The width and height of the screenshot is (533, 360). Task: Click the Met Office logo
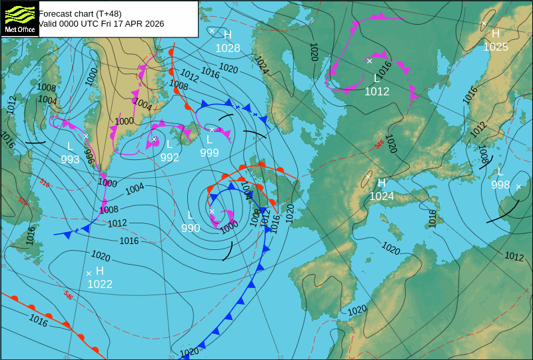point(19,19)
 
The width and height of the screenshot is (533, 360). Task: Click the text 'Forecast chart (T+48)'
point(80,13)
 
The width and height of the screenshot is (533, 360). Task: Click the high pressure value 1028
point(228,48)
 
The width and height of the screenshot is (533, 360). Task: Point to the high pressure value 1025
point(496,47)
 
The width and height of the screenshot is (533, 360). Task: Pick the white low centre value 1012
point(376,91)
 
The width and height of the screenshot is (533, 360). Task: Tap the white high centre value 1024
point(382,196)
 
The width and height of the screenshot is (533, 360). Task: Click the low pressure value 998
point(500,185)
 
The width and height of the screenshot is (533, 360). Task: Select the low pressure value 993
point(70,159)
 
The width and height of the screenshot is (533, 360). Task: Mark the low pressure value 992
point(170,157)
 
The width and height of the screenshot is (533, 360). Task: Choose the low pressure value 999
point(209,153)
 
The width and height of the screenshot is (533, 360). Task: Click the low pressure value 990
point(191,228)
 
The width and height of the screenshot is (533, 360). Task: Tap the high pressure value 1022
point(100,284)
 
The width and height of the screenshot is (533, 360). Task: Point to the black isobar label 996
point(89,156)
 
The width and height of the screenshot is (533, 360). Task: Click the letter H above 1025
point(496,33)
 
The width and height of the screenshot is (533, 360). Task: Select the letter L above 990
point(191,215)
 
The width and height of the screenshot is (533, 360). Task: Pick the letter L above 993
point(70,146)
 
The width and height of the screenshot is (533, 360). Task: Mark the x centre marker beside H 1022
point(88,273)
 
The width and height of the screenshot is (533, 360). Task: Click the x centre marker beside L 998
point(518,187)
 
